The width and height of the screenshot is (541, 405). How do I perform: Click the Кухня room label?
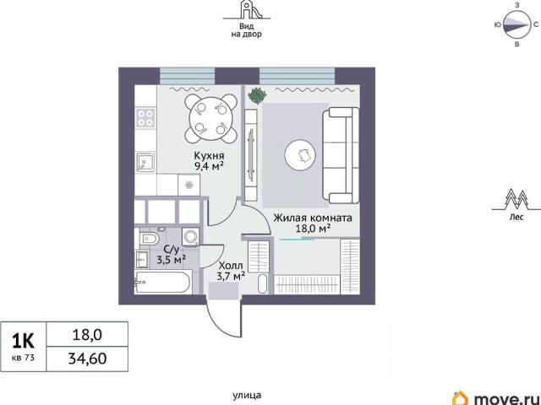click(x=209, y=155)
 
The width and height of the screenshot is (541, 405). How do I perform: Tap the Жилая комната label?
click(x=313, y=218)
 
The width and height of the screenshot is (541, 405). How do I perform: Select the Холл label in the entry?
click(x=231, y=266)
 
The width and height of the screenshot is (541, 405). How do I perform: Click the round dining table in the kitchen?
click(x=210, y=119)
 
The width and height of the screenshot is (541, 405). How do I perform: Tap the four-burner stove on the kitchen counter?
click(x=145, y=118)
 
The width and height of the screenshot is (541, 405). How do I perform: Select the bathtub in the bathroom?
click(x=162, y=282)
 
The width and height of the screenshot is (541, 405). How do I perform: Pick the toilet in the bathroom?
click(x=150, y=238)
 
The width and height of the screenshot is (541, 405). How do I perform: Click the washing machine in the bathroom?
click(x=190, y=236)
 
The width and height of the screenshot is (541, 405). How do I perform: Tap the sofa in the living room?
click(x=341, y=155)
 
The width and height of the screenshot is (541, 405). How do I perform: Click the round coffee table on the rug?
click(x=301, y=155)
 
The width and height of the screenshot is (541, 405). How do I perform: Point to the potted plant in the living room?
click(x=258, y=95)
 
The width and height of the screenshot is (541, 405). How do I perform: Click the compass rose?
click(x=516, y=24)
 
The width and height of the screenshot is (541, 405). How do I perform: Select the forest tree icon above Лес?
click(x=516, y=201)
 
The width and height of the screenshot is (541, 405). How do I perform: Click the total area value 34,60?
click(x=88, y=359)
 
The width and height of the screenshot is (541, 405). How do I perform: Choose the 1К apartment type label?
click(x=23, y=341)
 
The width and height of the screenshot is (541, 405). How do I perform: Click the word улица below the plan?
click(x=247, y=396)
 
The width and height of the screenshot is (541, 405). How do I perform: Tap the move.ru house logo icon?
click(x=462, y=398)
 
